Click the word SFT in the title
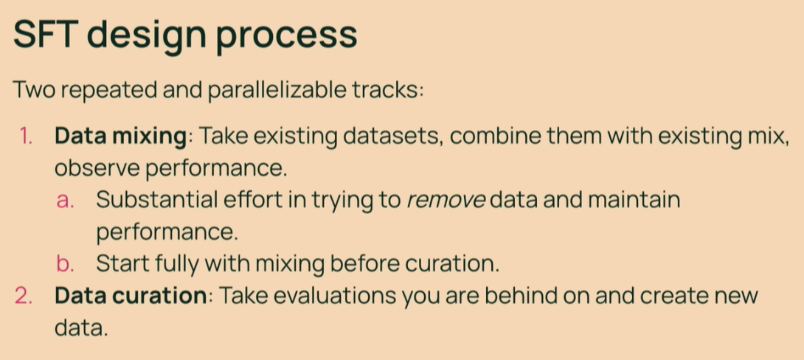46,35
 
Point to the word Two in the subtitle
35,90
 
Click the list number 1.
27,137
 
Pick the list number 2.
24,297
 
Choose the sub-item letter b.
65,263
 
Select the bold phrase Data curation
131,297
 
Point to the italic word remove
446,201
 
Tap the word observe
97,169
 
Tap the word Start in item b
120,263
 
